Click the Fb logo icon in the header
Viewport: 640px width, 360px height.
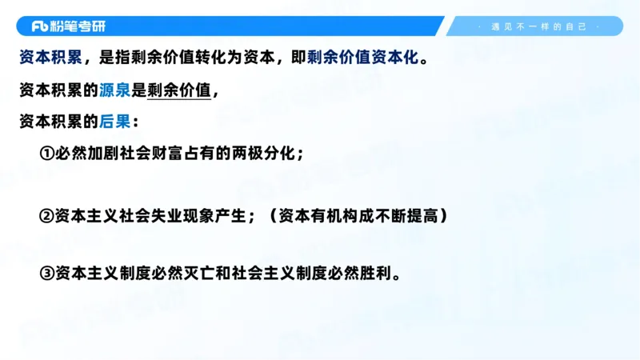(x=40, y=26)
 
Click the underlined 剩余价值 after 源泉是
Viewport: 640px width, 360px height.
(x=179, y=90)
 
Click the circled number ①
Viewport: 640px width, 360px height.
(x=46, y=153)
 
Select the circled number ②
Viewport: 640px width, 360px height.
(x=46, y=216)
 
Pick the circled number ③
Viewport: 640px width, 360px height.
(x=46, y=273)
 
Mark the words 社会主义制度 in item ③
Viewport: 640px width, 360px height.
(x=279, y=273)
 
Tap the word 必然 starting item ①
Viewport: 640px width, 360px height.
(x=70, y=153)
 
